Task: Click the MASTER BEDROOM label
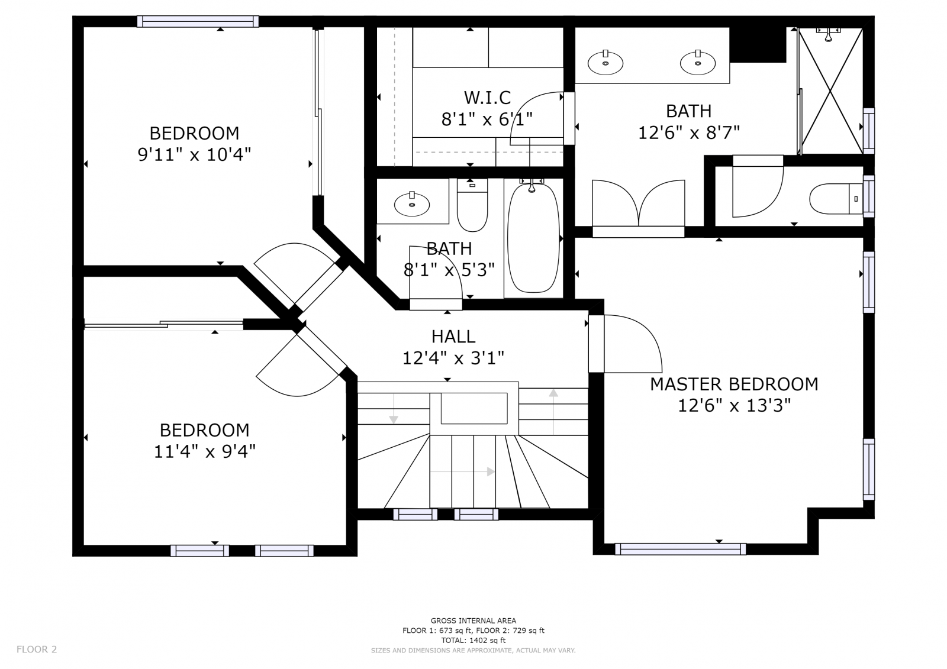(x=734, y=384)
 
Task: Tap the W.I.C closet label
(x=488, y=98)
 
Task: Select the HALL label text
(x=453, y=337)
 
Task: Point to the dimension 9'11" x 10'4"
(x=195, y=155)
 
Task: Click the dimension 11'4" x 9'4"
(x=205, y=452)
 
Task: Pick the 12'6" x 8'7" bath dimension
(x=689, y=133)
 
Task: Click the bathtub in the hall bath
(x=533, y=238)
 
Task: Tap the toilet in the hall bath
(x=472, y=205)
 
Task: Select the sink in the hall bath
(x=412, y=205)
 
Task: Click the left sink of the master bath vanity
(x=605, y=63)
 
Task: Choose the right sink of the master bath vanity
(x=698, y=63)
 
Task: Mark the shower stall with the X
(x=830, y=91)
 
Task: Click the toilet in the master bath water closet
(x=836, y=199)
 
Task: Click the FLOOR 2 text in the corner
(x=37, y=649)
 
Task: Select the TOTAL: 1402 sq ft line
(x=474, y=640)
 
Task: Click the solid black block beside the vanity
(x=758, y=45)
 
